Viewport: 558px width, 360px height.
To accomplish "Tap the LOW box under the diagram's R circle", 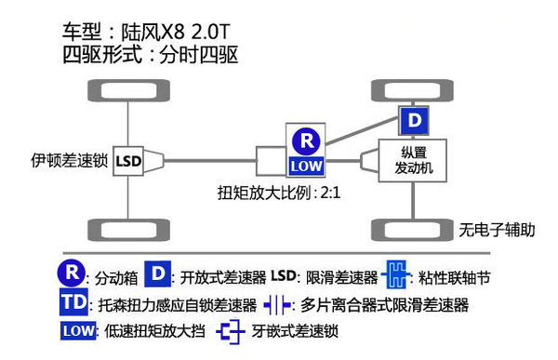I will click(x=305, y=166).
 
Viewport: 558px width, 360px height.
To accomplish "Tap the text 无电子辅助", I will click(x=498, y=229).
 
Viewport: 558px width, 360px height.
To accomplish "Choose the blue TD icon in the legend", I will click(x=72, y=304).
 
